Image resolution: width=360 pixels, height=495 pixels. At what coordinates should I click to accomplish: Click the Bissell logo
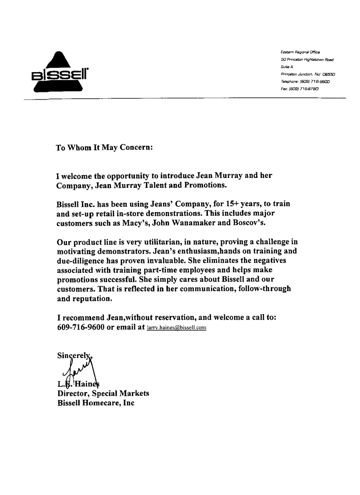(63, 73)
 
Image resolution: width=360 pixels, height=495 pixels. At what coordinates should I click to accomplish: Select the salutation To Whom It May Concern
(104, 147)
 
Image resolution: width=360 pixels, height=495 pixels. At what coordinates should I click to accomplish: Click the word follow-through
(260, 289)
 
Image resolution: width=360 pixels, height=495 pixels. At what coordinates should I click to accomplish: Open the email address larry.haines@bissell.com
(176, 328)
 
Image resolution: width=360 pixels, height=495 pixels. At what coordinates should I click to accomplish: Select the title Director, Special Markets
(103, 393)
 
